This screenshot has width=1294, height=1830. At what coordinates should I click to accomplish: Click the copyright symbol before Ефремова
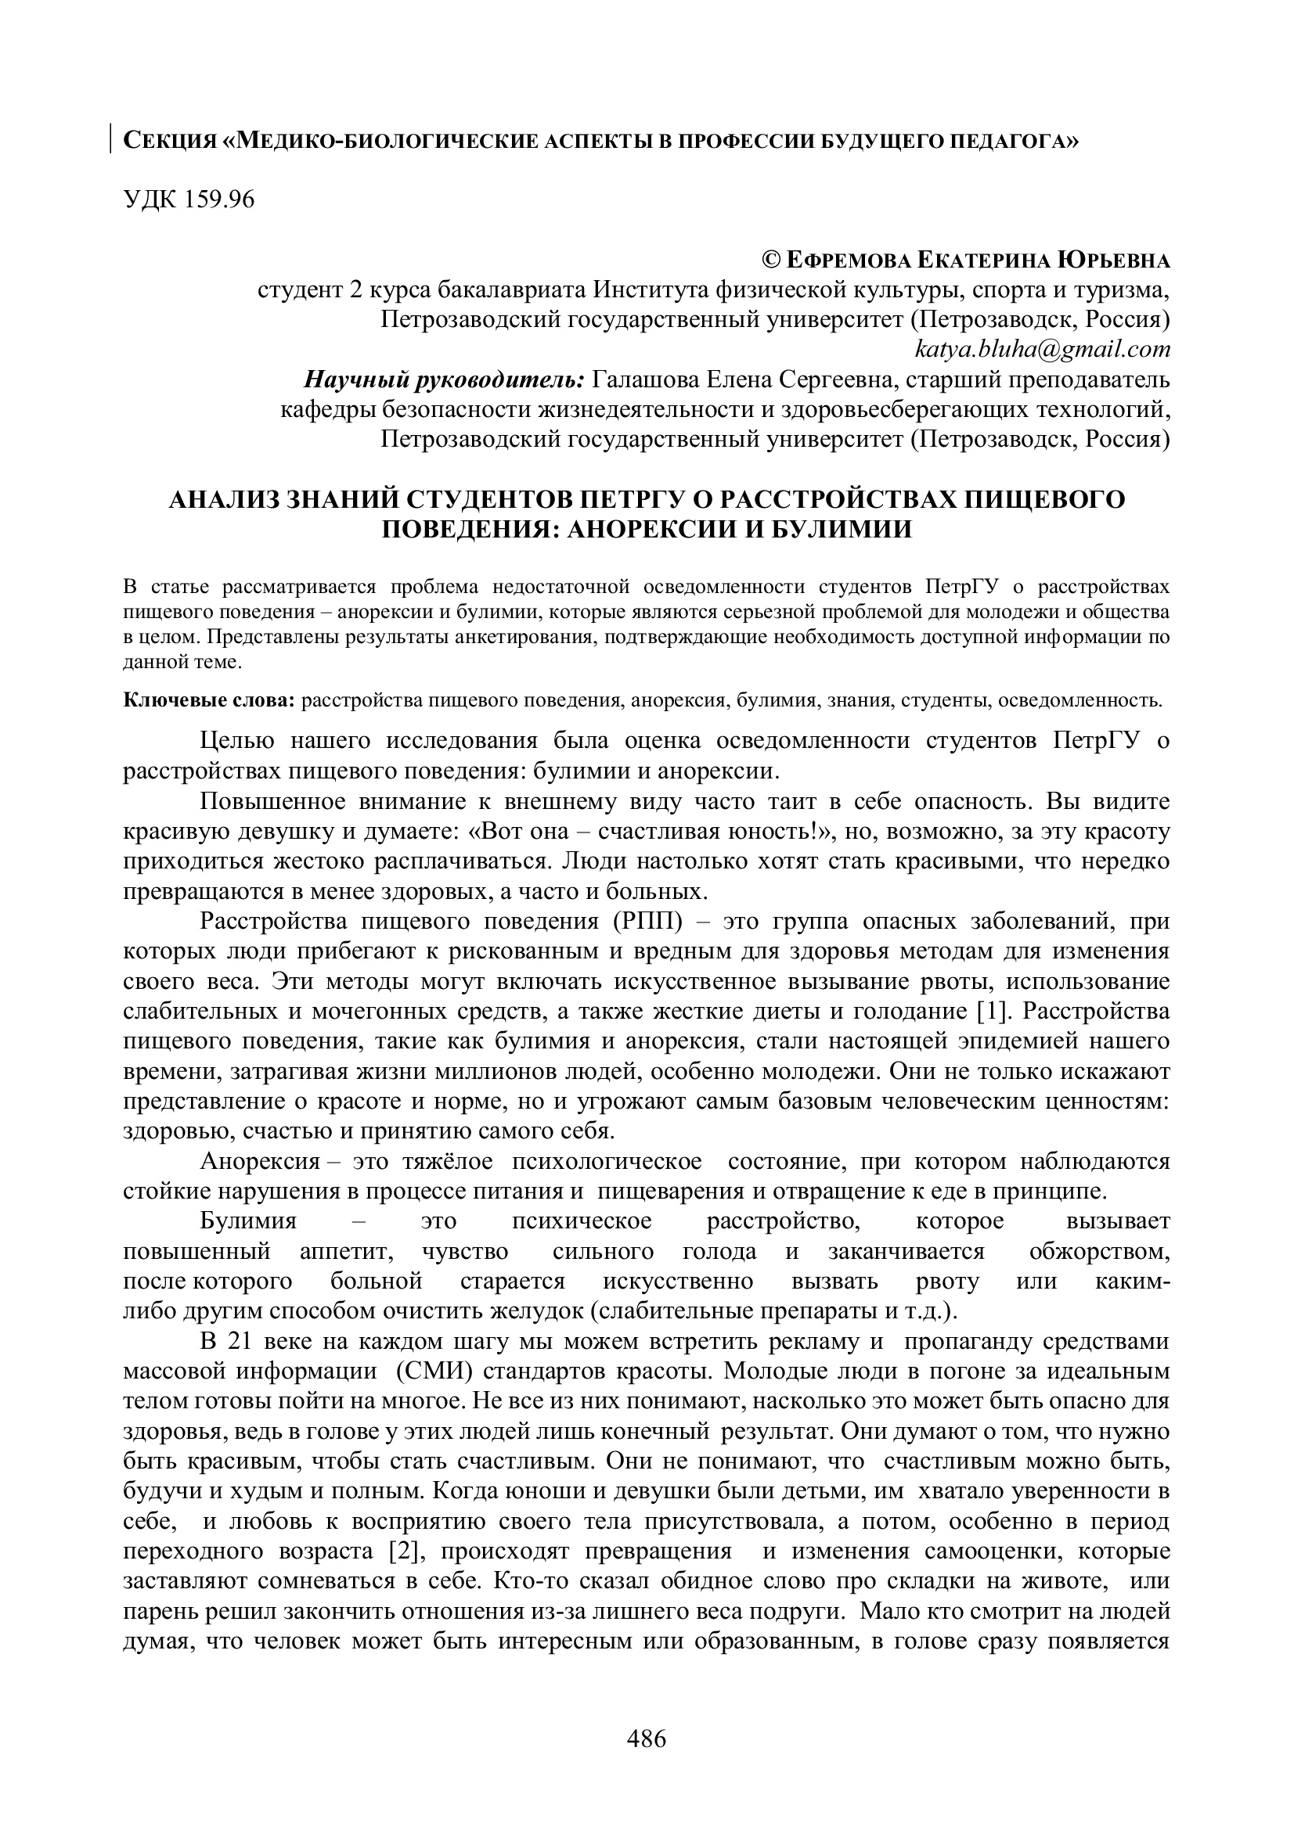click(772, 261)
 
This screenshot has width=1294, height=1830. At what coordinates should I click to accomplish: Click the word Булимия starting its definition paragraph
click(248, 1222)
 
